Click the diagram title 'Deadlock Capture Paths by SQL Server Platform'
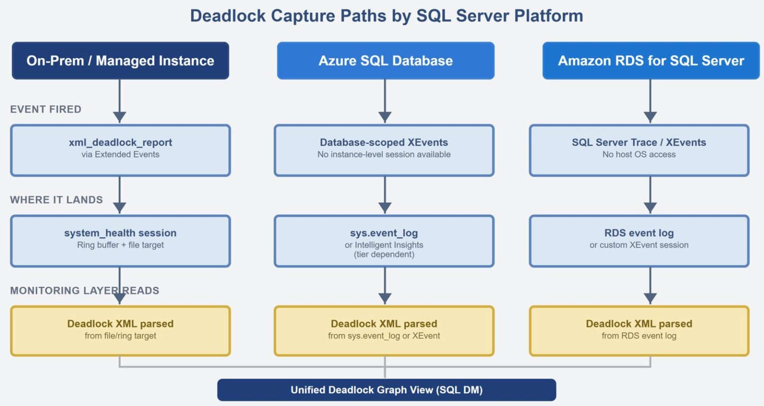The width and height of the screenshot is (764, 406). pos(386,16)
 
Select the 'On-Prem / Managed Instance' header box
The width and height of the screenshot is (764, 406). pos(120,61)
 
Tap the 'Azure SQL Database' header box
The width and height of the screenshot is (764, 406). pos(385,61)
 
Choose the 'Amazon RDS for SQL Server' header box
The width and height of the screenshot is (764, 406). pos(651,61)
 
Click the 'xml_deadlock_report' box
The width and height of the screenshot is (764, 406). pos(120,150)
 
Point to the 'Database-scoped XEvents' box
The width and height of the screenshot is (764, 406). pos(384,150)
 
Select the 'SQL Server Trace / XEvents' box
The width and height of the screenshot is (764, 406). pos(639,150)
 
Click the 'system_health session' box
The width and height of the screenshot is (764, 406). pos(120,241)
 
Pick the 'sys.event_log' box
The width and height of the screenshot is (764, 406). pos(384,241)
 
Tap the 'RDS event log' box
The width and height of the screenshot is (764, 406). pos(639,241)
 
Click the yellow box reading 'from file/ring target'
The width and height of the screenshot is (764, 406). pos(120,331)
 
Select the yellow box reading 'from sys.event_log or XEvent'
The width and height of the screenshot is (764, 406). pos(384,331)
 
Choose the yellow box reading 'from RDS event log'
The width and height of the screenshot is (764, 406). pos(639,331)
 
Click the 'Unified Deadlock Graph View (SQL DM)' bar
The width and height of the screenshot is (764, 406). pos(386,390)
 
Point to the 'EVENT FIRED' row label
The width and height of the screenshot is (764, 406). pos(46,109)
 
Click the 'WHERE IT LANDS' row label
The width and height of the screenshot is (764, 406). pos(56,200)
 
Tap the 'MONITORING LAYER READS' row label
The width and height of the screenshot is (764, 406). pos(85,291)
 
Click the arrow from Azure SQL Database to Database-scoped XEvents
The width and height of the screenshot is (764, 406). pos(385,101)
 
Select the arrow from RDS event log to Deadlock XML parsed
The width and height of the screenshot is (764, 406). pos(650,286)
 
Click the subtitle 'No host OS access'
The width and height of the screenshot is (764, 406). pos(639,155)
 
